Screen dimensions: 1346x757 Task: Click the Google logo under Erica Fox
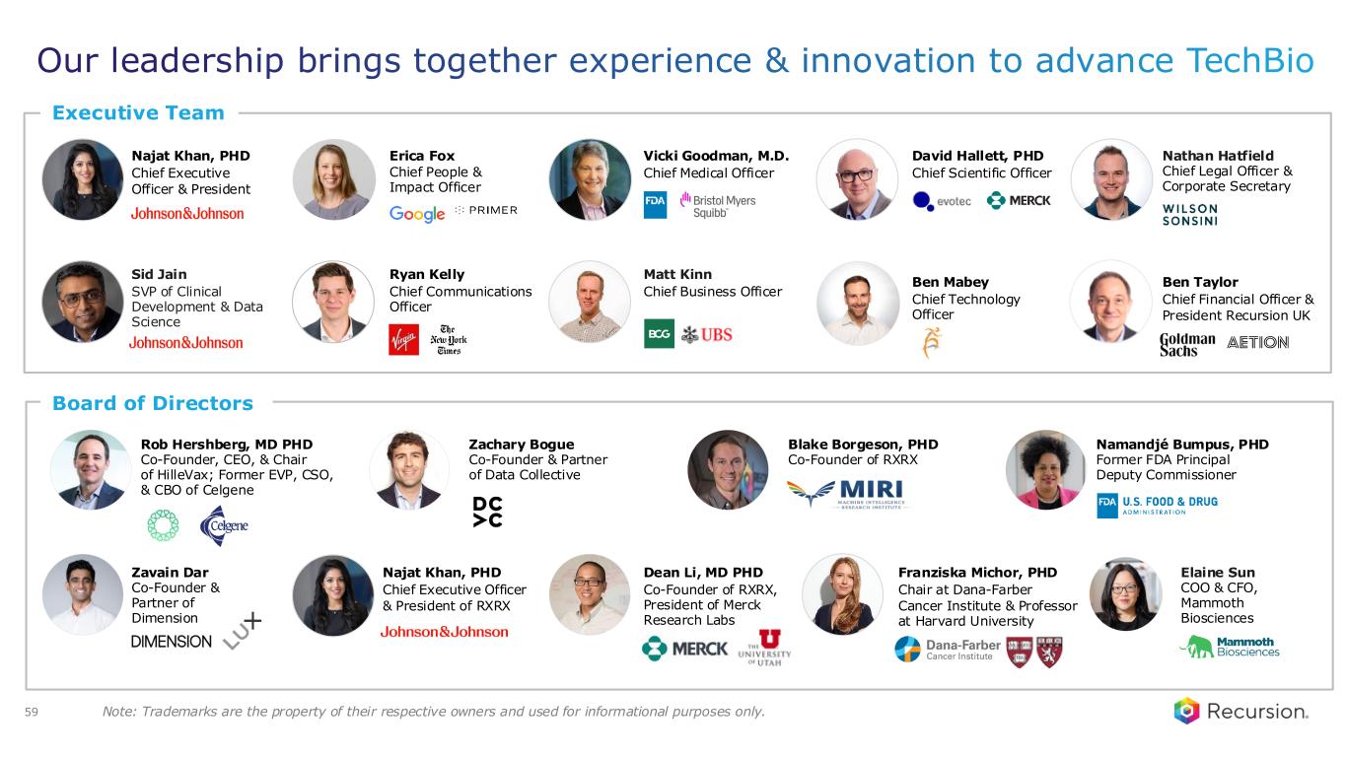coord(417,213)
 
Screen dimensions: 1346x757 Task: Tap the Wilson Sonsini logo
coord(1190,215)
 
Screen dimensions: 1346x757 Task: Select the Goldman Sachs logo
coord(1187,345)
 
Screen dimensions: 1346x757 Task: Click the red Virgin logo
coord(404,339)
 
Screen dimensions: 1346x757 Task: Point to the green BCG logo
coord(659,333)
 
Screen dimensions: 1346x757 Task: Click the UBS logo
coord(707,335)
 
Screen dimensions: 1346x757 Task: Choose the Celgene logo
coord(224,525)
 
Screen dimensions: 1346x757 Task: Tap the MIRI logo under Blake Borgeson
coord(847,494)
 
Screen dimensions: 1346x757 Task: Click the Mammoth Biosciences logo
coord(1230,647)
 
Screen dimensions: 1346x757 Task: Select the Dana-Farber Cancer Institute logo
coord(948,650)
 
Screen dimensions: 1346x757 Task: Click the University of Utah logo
coord(765,648)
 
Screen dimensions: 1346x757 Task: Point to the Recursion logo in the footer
coord(1241,712)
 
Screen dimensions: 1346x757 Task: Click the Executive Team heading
coord(138,113)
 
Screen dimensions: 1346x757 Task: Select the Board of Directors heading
coord(153,403)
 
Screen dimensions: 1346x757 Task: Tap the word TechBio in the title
coord(1250,61)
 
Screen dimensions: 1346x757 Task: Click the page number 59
coord(32,712)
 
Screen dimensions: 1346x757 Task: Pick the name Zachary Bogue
coord(521,445)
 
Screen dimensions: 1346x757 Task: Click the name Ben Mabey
coord(950,282)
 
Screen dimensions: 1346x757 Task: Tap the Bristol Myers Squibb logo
coord(718,205)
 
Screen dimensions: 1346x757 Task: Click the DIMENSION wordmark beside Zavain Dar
coord(172,642)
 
